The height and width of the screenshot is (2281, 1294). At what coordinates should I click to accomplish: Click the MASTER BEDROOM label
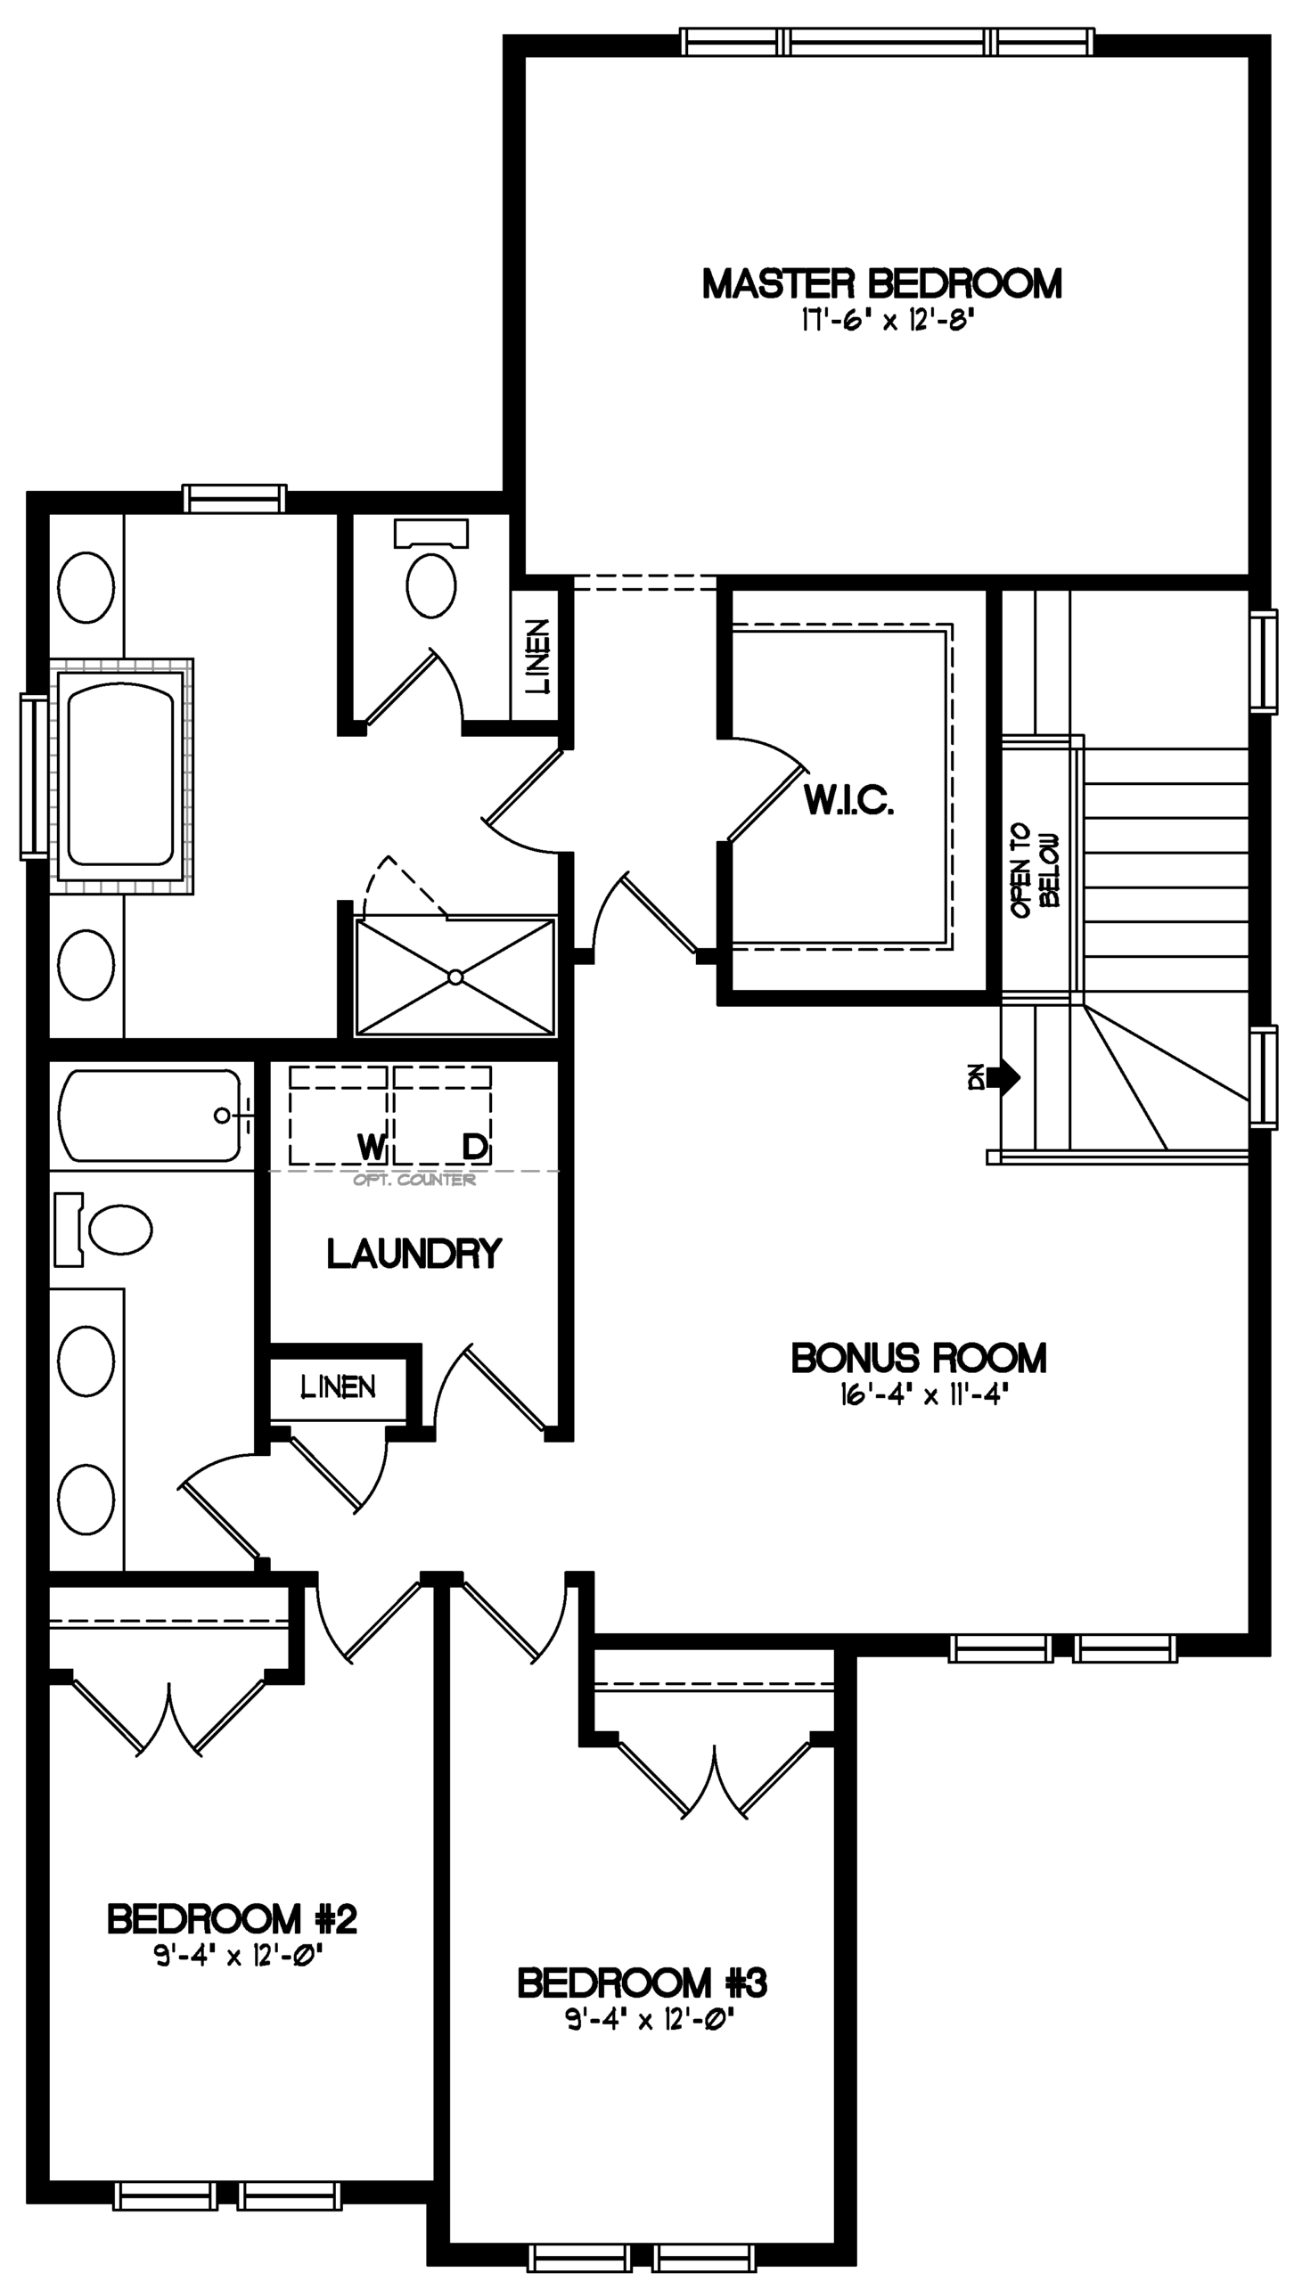[881, 284]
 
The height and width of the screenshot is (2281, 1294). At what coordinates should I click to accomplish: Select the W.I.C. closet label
[848, 800]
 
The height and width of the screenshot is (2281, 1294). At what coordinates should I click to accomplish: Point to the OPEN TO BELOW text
[1036, 870]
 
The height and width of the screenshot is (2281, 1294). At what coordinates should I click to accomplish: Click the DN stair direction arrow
[1003, 1077]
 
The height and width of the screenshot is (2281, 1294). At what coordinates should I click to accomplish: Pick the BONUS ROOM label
[919, 1358]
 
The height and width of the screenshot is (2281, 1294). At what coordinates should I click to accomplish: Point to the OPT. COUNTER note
[414, 1180]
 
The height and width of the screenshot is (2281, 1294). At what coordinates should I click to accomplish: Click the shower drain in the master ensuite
[455, 977]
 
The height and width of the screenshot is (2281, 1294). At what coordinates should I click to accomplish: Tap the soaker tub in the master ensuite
[121, 775]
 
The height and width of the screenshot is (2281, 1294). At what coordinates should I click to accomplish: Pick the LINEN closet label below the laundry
[339, 1386]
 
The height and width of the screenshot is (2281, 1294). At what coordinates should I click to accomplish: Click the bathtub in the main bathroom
[150, 1116]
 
